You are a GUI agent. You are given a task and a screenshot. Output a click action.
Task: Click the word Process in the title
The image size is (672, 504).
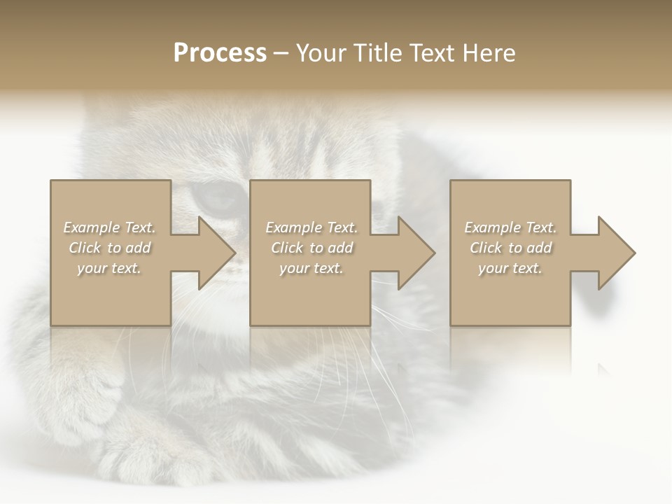(x=220, y=53)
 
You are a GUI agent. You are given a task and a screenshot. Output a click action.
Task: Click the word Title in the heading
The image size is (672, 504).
(x=374, y=53)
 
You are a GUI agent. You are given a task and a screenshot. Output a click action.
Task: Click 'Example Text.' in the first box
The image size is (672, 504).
(x=109, y=227)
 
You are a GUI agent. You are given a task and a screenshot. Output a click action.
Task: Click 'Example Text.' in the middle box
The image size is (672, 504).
(x=311, y=227)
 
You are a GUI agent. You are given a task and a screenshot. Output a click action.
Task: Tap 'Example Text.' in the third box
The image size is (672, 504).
(x=510, y=227)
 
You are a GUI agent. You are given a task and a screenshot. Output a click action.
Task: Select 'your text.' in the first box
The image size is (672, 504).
(x=109, y=268)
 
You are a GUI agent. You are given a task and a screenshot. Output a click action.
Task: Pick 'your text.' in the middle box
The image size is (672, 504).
(x=311, y=268)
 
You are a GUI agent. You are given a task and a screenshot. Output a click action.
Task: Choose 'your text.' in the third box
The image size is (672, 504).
(x=510, y=268)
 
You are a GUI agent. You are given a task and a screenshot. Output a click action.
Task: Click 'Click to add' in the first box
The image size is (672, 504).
(x=109, y=248)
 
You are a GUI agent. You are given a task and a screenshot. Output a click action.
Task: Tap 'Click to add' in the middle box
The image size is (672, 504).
(x=311, y=248)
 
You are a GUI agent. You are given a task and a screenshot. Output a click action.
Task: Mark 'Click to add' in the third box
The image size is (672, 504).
(x=510, y=248)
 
